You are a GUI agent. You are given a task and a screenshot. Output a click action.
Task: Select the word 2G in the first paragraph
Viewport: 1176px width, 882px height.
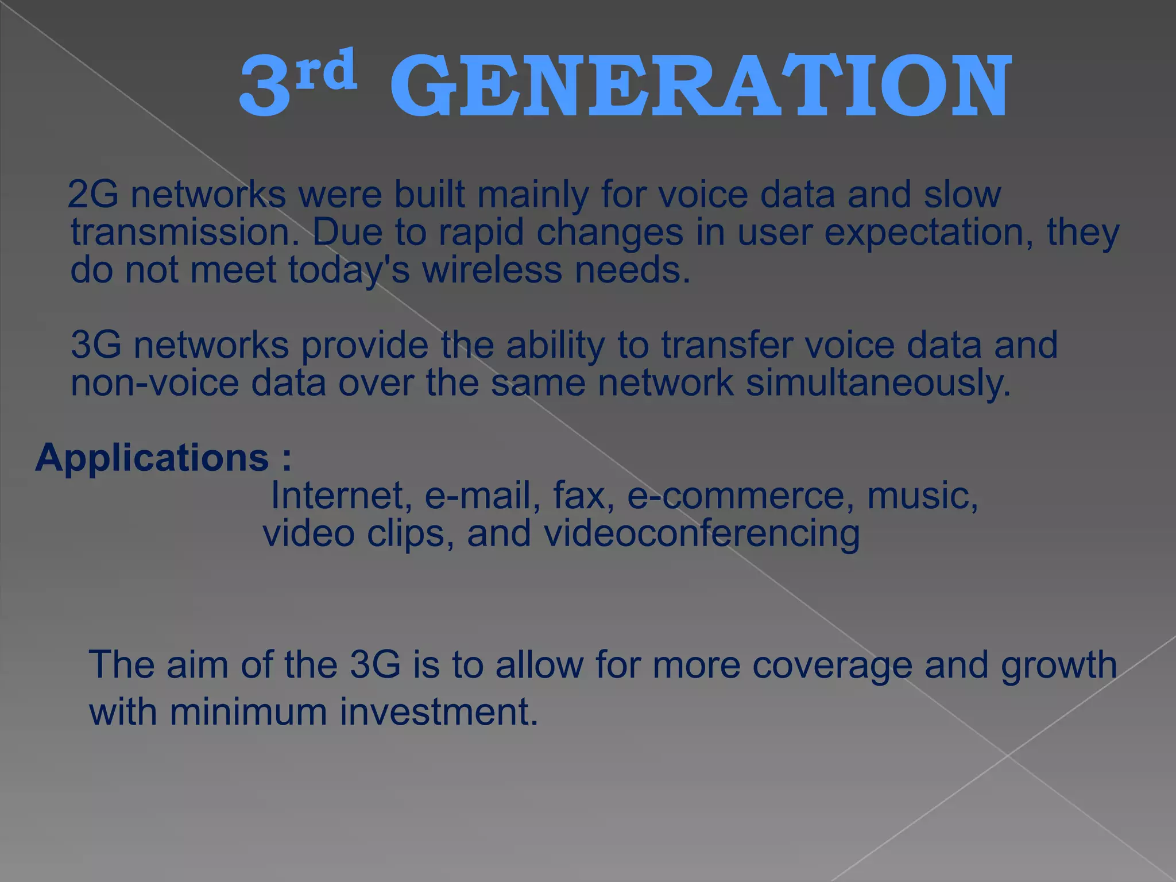(94, 195)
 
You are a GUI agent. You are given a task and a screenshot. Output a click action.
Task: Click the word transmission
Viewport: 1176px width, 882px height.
(184, 233)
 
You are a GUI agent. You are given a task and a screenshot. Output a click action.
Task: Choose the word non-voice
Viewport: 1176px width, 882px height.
(154, 383)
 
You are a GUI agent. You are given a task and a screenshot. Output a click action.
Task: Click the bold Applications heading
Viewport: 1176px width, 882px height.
(152, 458)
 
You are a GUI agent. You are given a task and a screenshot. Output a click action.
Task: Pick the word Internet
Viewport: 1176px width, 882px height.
(341, 496)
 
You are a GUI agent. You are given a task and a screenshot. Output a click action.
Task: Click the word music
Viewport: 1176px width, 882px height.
(922, 496)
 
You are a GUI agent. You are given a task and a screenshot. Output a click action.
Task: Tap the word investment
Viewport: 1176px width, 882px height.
(439, 712)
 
